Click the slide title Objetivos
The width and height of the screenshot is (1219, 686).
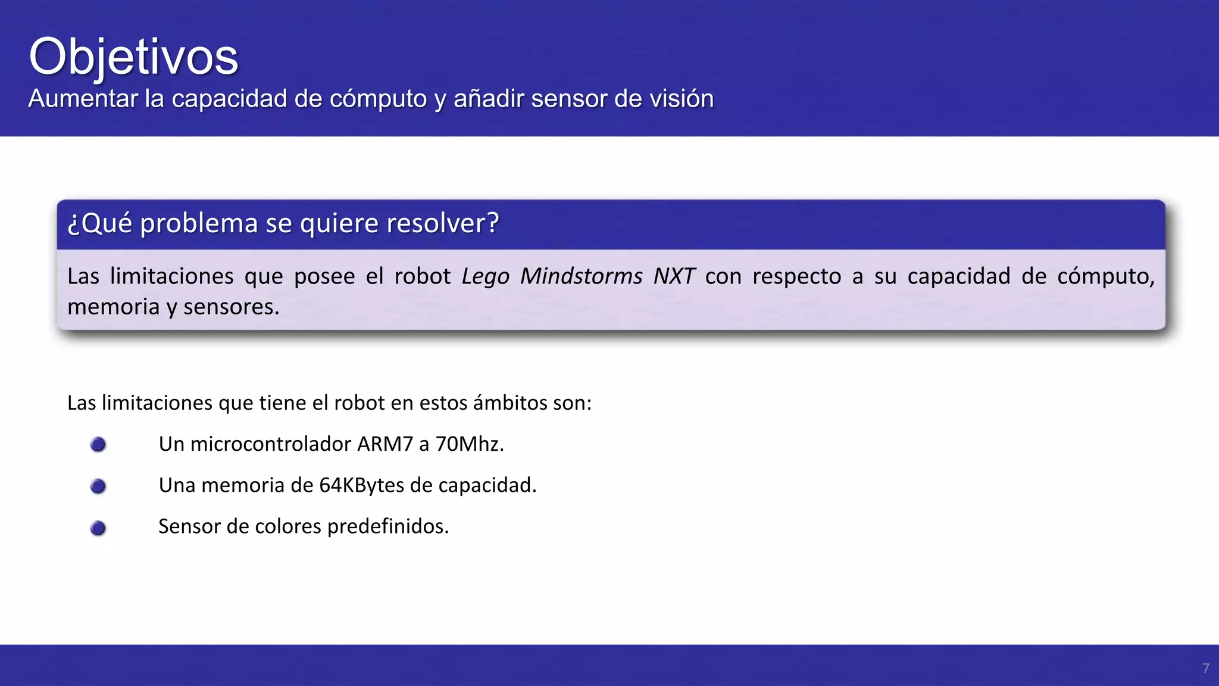(133, 57)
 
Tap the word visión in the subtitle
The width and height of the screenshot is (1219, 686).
(682, 99)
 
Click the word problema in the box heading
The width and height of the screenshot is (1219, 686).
(199, 224)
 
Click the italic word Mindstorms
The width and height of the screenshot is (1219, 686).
(582, 276)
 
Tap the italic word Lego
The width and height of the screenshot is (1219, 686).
(486, 276)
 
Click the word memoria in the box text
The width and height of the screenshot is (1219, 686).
(114, 307)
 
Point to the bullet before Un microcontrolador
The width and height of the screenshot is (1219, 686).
(98, 445)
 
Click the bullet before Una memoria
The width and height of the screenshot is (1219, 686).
(98, 487)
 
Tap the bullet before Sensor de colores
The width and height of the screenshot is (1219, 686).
(98, 528)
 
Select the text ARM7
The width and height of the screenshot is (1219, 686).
(385, 444)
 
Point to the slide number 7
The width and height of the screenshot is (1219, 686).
(1206, 669)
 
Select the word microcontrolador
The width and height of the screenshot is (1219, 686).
(271, 444)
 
